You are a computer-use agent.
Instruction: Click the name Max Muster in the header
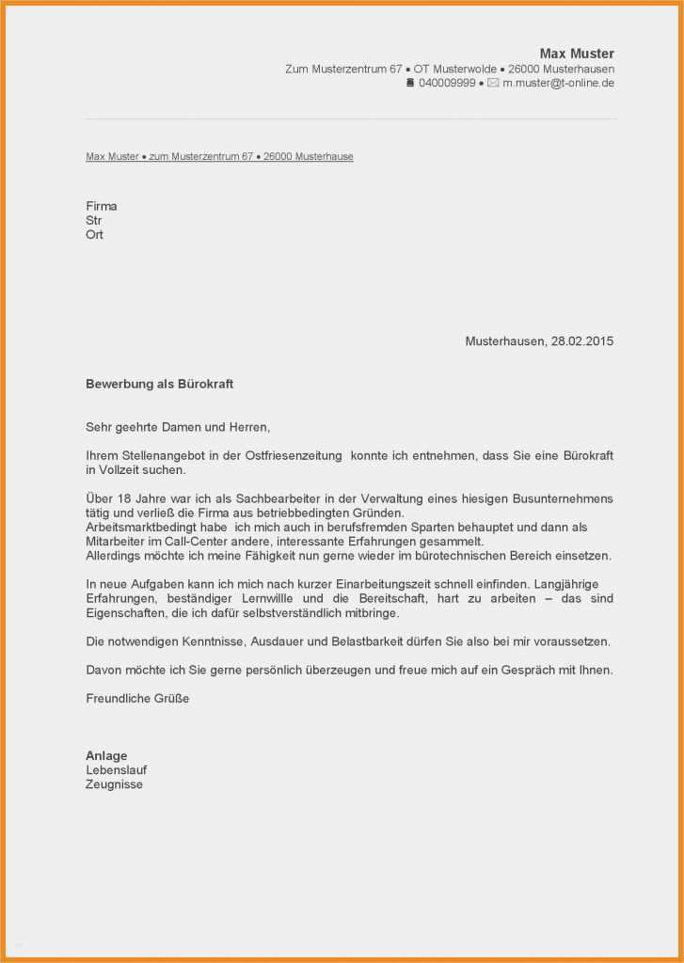[576, 54]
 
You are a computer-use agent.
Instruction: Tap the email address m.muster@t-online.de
[558, 84]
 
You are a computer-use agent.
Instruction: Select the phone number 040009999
[447, 84]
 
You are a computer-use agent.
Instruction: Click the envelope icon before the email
[493, 84]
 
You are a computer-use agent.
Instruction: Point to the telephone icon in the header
[410, 84]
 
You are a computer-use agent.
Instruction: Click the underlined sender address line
[219, 157]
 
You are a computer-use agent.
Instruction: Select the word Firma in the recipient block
[101, 206]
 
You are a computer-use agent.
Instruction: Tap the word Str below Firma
[94, 221]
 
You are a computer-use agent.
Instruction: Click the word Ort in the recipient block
[94, 235]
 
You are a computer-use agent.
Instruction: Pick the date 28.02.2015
[581, 341]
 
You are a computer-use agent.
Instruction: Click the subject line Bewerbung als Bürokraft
[159, 385]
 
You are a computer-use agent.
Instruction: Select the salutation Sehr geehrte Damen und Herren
[177, 427]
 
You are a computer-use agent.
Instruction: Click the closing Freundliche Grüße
[137, 699]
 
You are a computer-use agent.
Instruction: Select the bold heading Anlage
[106, 756]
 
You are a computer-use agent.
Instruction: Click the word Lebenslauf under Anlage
[116, 770]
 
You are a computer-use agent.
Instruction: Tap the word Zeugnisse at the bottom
[114, 784]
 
